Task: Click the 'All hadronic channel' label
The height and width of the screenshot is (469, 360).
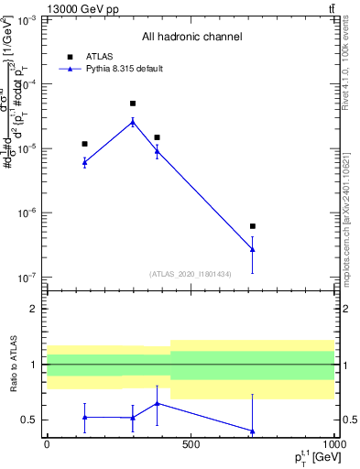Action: [191, 37]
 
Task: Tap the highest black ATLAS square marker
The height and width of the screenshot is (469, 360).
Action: [133, 104]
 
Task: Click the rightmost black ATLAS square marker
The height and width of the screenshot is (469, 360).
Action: [252, 226]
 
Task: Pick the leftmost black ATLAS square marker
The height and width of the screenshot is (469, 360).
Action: [84, 144]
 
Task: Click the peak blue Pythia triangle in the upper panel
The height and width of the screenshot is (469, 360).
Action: [133, 121]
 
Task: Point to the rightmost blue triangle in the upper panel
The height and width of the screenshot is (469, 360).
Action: [252, 249]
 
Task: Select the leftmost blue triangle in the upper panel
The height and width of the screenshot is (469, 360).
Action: [84, 162]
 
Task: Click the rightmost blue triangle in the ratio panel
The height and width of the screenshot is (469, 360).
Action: [252, 431]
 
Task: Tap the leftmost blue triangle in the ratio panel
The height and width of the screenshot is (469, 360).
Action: [84, 417]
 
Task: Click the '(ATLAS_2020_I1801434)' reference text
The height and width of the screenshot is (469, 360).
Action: [191, 274]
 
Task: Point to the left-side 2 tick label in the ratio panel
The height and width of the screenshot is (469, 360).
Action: [33, 309]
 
